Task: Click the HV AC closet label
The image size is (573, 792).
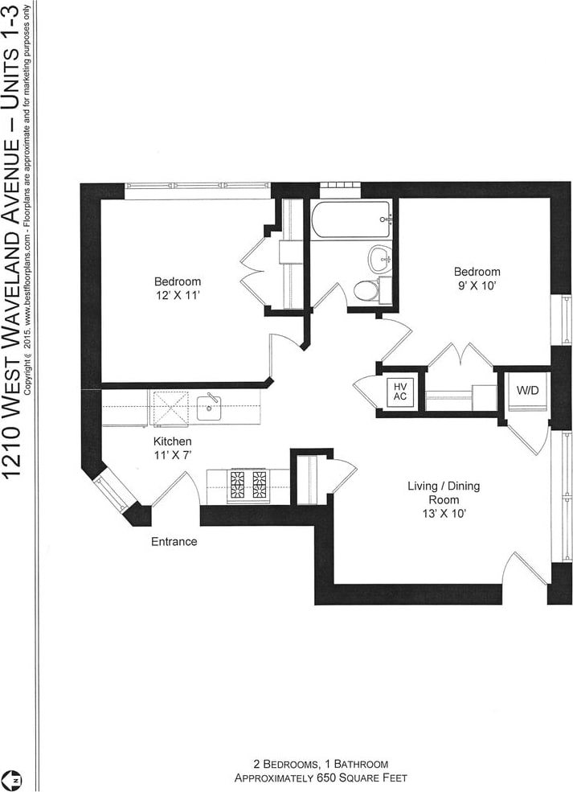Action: tap(399, 392)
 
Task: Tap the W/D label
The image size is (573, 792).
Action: tap(527, 391)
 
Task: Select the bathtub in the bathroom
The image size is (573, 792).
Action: tap(351, 220)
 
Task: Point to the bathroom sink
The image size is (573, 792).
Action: tap(380, 258)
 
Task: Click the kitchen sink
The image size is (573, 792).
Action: tap(210, 406)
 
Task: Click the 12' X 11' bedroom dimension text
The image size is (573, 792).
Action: tap(178, 296)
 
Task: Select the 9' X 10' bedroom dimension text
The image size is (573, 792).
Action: tap(477, 286)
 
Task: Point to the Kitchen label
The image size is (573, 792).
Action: tap(173, 441)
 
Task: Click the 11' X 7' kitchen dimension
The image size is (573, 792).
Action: tap(173, 455)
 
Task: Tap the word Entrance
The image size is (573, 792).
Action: tap(174, 541)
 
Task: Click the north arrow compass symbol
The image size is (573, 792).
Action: tap(14, 778)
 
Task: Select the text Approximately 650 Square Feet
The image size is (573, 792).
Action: tap(321, 778)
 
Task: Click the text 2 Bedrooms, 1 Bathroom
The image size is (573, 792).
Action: tap(321, 764)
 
